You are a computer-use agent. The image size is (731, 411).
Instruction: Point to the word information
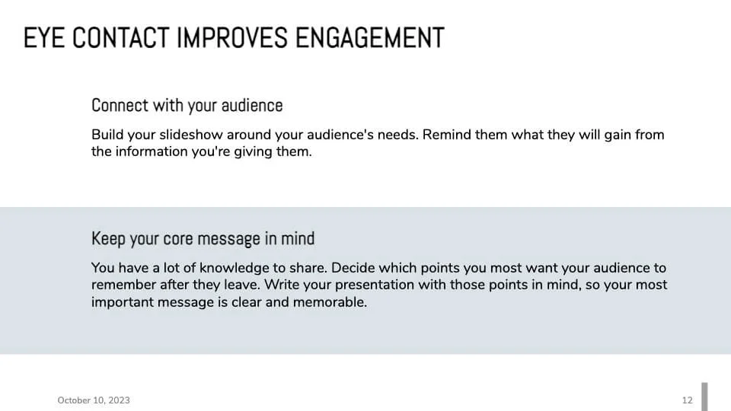click(152, 151)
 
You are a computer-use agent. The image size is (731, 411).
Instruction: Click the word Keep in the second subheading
click(108, 238)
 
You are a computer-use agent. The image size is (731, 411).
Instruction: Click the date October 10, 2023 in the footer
click(94, 400)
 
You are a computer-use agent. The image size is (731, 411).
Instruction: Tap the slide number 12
click(688, 400)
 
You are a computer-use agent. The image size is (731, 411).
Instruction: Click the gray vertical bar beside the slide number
click(704, 397)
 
